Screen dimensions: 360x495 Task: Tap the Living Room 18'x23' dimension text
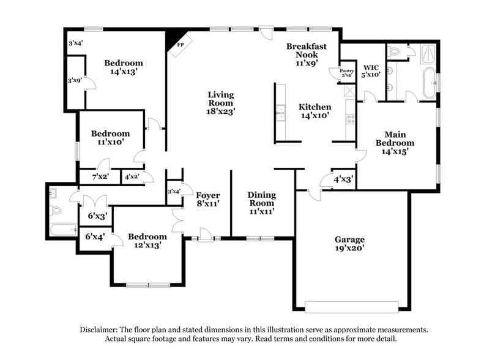pyautogui.click(x=221, y=111)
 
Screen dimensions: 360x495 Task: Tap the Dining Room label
pyautogui.click(x=261, y=203)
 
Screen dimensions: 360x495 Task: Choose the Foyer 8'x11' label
pyautogui.click(x=207, y=200)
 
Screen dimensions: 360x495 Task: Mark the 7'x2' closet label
pyautogui.click(x=99, y=177)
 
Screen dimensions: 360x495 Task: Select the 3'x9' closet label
pyautogui.click(x=75, y=80)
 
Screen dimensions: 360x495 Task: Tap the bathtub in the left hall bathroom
pyautogui.click(x=62, y=231)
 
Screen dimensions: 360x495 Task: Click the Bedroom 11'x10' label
pyautogui.click(x=110, y=138)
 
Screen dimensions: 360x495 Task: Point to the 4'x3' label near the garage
pyautogui.click(x=343, y=180)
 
